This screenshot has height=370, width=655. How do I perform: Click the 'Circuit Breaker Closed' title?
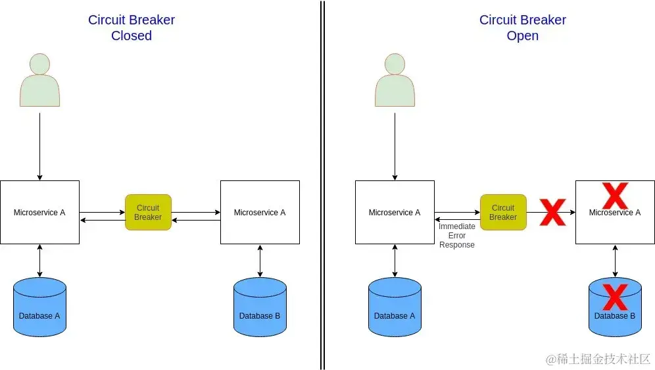click(132, 28)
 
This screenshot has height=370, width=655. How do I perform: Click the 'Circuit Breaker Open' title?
click(522, 28)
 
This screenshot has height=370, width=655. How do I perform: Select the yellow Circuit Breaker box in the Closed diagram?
click(148, 212)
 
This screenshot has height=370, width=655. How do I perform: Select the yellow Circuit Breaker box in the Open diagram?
click(503, 212)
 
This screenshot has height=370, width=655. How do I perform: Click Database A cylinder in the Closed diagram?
click(39, 307)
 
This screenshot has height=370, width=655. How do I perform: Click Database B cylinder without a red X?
click(260, 307)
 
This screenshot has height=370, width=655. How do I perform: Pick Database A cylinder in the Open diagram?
click(395, 307)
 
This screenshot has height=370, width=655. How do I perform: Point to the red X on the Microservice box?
click(615, 196)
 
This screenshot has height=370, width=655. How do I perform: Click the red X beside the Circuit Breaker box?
click(552, 213)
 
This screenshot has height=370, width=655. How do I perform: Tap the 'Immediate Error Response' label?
click(456, 236)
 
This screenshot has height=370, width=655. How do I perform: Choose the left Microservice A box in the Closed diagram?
click(39, 212)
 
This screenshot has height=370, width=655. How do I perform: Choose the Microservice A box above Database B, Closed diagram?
click(260, 212)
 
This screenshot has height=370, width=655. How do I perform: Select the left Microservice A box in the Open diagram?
click(395, 212)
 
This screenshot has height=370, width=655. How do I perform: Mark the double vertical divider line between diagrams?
click(322, 184)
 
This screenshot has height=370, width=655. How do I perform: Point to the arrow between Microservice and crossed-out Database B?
click(615, 261)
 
